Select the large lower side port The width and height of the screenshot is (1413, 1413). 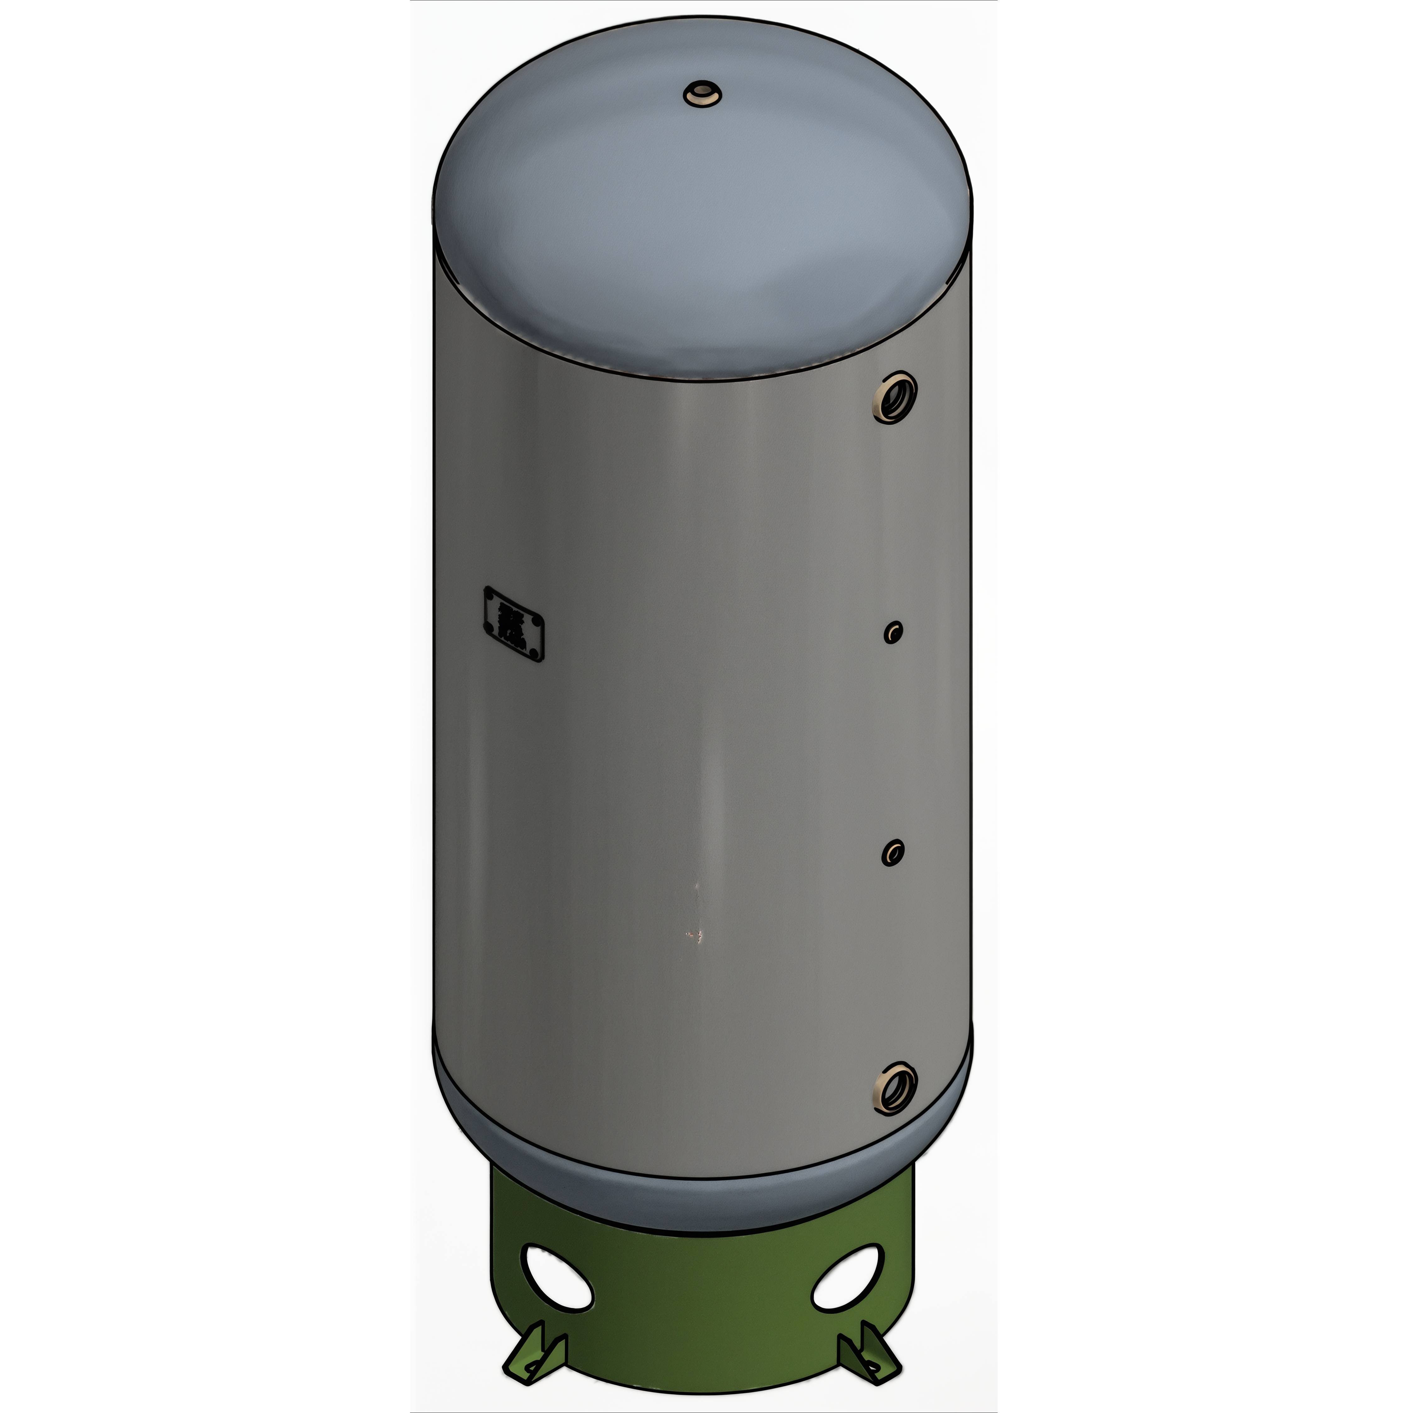pos(895,1088)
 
